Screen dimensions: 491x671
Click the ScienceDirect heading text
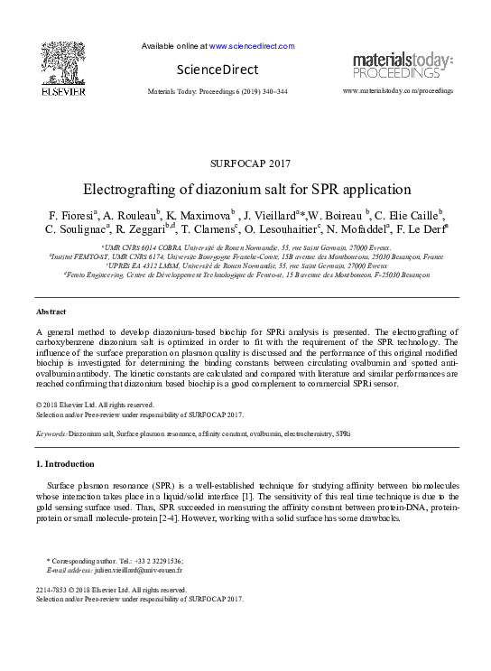tap(217, 70)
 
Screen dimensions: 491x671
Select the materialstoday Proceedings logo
tap(402, 65)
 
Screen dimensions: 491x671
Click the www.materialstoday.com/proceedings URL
tap(398, 91)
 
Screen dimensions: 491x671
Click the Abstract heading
tap(51, 311)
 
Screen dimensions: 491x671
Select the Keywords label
tap(51, 433)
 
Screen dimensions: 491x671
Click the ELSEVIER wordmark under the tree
tap(63, 91)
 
